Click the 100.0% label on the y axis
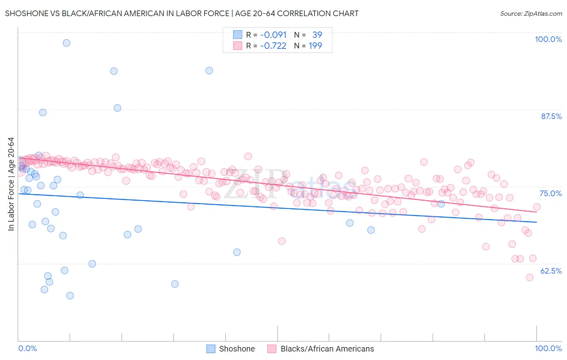548,39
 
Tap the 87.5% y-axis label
551,116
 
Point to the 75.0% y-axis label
551,193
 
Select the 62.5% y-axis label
551,271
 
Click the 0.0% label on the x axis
27,348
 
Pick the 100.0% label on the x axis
548,348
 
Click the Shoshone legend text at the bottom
237,349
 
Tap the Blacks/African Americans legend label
327,349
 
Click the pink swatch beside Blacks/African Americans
272,349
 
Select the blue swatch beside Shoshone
211,349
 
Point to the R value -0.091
273,35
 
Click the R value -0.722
273,46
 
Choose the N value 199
315,46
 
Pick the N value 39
317,35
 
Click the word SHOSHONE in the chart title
27,13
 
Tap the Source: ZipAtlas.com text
531,13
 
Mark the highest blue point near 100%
67,43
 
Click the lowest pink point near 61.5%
529,277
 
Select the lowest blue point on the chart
70,295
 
